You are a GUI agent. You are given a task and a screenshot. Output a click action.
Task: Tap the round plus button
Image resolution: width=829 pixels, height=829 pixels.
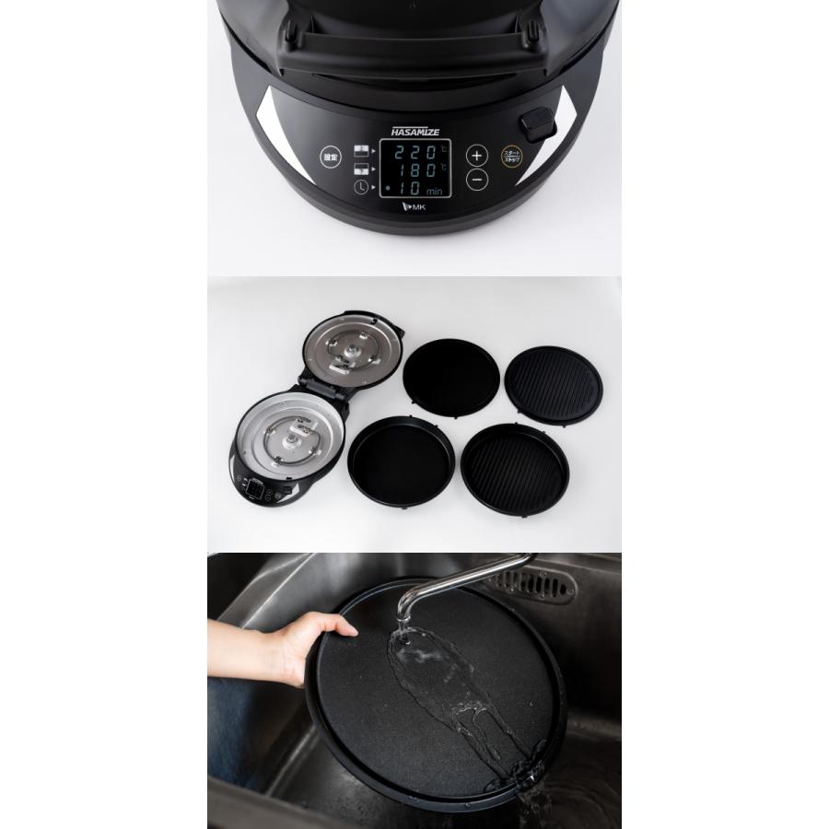click(476, 155)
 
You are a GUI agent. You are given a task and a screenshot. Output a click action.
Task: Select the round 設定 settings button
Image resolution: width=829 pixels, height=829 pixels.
click(331, 158)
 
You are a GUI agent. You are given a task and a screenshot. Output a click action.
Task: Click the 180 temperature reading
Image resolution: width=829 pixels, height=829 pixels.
click(416, 169)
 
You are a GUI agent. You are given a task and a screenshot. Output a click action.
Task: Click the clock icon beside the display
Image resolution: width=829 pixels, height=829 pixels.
click(359, 189)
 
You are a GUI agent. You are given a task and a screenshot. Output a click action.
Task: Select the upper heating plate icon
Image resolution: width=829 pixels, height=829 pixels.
click(360, 150)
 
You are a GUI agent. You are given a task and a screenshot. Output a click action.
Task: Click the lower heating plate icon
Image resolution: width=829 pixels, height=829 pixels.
click(360, 169)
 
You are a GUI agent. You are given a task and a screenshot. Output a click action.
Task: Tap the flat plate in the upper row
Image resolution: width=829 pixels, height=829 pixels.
click(451, 373)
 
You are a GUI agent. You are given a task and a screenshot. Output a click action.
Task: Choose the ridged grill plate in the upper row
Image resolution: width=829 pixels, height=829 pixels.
click(555, 384)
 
